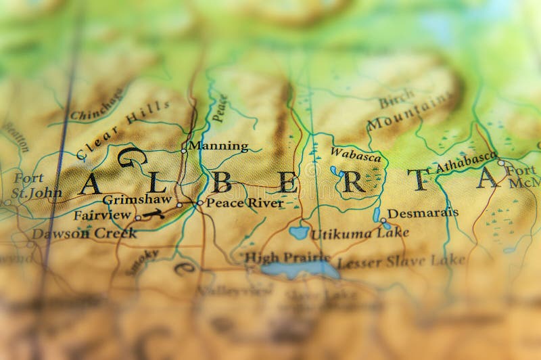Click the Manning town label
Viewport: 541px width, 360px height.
pos(218,145)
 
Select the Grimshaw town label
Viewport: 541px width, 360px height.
pos(138,200)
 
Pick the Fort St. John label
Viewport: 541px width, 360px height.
pos(33,185)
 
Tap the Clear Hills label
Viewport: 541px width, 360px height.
pos(122,127)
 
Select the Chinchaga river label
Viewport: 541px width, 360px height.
pos(97,104)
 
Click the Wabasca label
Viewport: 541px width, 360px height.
pos(356,155)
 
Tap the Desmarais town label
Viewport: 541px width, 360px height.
pos(423,212)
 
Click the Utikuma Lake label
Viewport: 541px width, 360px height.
pos(351,234)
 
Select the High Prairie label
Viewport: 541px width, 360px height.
pos(287,257)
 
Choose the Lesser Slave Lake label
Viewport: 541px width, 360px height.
pos(402,261)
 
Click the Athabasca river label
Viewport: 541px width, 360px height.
pos(466,162)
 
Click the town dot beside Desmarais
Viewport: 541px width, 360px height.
pos(383,220)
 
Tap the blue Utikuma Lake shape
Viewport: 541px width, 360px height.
pos(298,233)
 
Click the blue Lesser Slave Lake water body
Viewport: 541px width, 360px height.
pos(300,270)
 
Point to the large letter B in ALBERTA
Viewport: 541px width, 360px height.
pos(222,182)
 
